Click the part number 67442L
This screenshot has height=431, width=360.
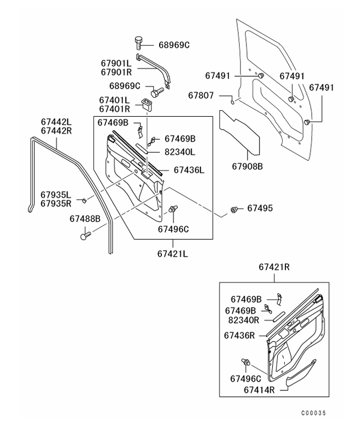pyautogui.click(x=57, y=121)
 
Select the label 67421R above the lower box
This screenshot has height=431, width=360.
pyautogui.click(x=274, y=267)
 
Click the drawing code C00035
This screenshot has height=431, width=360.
pyautogui.click(x=316, y=412)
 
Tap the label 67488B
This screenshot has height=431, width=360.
pyautogui.click(x=85, y=218)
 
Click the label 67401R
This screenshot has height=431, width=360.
pyautogui.click(x=114, y=109)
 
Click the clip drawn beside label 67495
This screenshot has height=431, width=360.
pyautogui.click(x=235, y=209)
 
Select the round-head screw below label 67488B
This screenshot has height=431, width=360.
pyautogui.click(x=85, y=236)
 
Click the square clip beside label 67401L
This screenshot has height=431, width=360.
pyautogui.click(x=147, y=103)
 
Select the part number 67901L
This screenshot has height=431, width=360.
pyautogui.click(x=115, y=64)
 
